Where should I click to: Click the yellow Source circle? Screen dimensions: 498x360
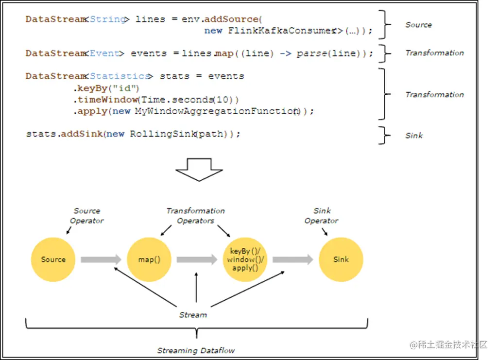pyautogui.click(x=53, y=259)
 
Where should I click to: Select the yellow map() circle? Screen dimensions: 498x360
pyautogui.click(x=149, y=259)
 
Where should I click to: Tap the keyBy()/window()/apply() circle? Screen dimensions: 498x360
pyautogui.click(x=245, y=259)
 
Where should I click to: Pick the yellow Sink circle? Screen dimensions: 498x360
pyautogui.click(x=341, y=259)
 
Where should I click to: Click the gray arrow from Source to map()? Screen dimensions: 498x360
pyautogui.click(x=101, y=259)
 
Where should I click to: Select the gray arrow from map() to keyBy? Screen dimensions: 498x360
pyautogui.click(x=197, y=259)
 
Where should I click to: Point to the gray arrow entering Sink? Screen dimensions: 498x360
pyautogui.click(x=293, y=259)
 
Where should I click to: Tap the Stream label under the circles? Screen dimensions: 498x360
pyautogui.click(x=193, y=315)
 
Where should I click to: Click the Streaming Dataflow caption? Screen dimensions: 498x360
pyautogui.click(x=196, y=350)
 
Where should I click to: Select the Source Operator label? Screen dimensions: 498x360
pyautogui.click(x=86, y=216)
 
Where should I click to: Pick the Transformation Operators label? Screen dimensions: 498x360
pyautogui.click(x=196, y=216)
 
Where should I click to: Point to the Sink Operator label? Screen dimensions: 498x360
pyautogui.click(x=322, y=216)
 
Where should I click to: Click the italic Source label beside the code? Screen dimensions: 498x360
pyautogui.click(x=419, y=25)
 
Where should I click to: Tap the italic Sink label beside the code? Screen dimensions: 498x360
pyautogui.click(x=414, y=136)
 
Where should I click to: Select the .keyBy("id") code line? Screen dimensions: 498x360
pyautogui.click(x=106, y=88)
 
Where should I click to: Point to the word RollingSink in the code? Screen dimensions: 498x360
pyautogui.click(x=163, y=134)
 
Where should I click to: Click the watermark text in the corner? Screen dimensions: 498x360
pyautogui.click(x=448, y=344)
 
